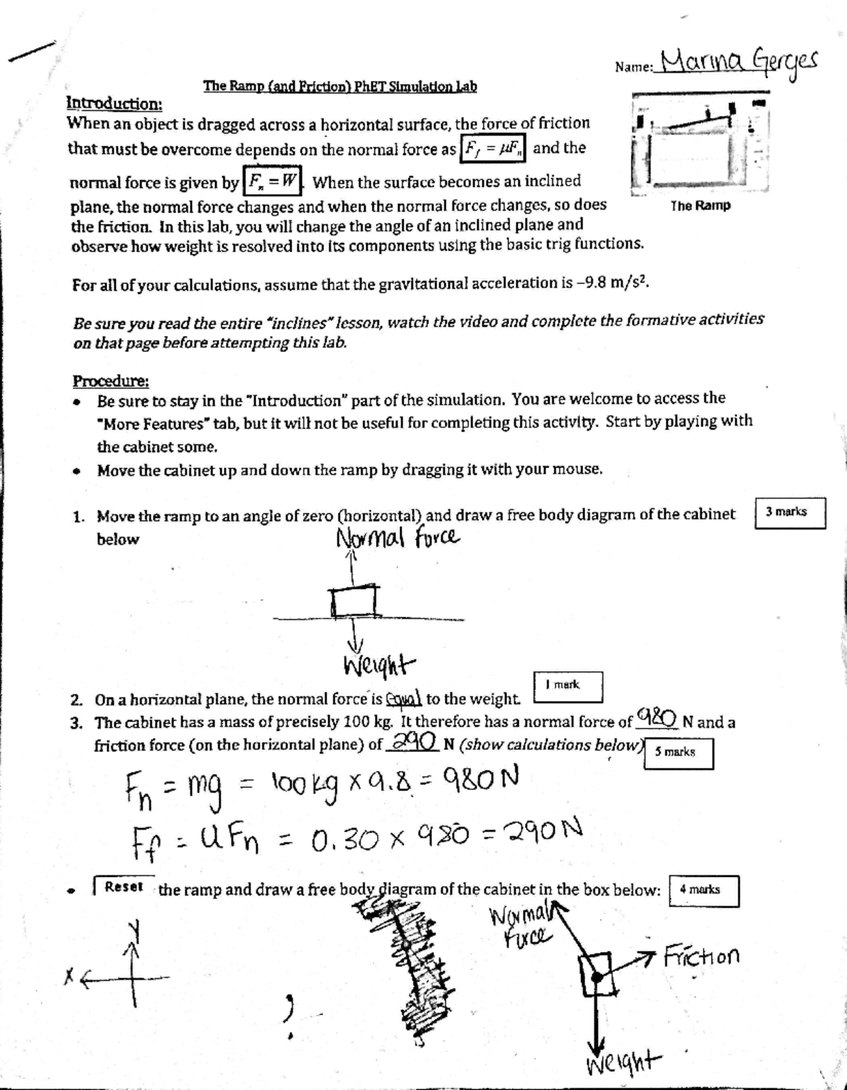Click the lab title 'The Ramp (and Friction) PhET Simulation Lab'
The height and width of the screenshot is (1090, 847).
coord(340,86)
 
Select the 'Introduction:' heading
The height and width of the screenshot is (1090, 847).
coord(114,103)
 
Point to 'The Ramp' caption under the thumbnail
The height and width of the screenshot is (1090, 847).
coord(700,205)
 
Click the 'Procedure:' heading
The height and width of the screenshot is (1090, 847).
coord(111,381)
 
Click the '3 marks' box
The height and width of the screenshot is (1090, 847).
coord(790,513)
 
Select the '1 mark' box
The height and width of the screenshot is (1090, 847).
coord(567,685)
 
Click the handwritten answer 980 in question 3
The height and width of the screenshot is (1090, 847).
coord(657,717)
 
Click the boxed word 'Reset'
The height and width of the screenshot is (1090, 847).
coord(124,887)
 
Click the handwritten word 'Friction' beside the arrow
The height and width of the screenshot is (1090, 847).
coord(702,957)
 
